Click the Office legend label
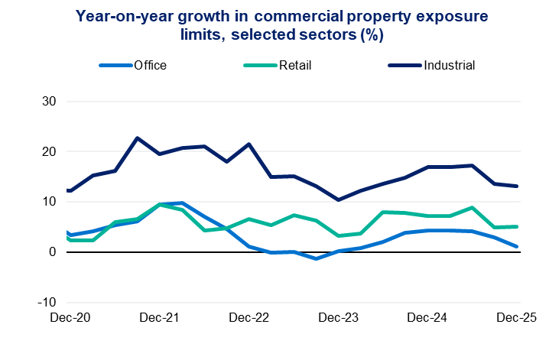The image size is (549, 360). (150, 65)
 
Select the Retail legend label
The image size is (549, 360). (295, 65)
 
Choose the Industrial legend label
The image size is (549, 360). (449, 65)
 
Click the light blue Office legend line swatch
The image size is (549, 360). (115, 66)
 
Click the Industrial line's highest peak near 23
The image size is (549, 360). (137, 138)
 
